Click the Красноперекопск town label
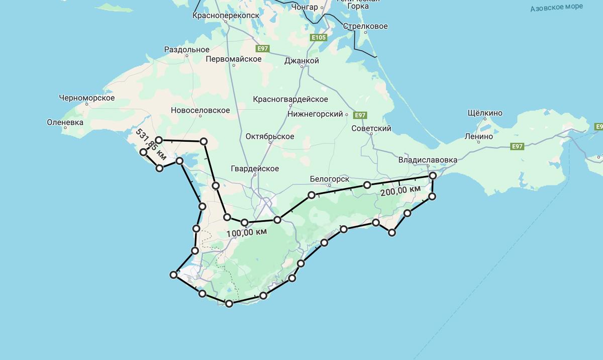(226, 16)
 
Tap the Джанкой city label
(301, 61)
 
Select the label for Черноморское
(86, 98)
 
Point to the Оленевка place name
(65, 122)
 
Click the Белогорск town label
(329, 179)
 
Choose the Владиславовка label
(428, 160)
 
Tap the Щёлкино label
(485, 113)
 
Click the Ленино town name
(478, 136)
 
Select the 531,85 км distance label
(151, 145)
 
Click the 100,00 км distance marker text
(246, 233)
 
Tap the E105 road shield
(319, 38)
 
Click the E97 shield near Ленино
(517, 146)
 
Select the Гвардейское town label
(255, 169)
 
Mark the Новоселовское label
(200, 111)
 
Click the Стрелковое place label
(365, 26)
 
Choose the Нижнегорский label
(315, 114)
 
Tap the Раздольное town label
(186, 50)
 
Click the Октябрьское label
(270, 137)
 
